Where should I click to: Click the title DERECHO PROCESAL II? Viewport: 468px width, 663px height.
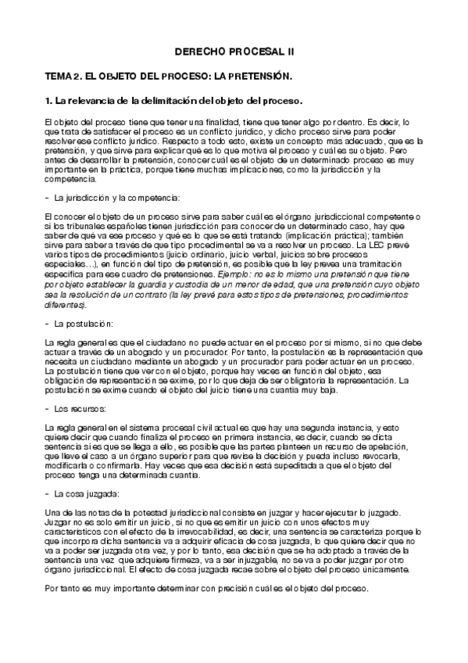click(x=234, y=51)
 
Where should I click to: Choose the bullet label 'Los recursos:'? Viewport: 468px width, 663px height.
click(x=87, y=409)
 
